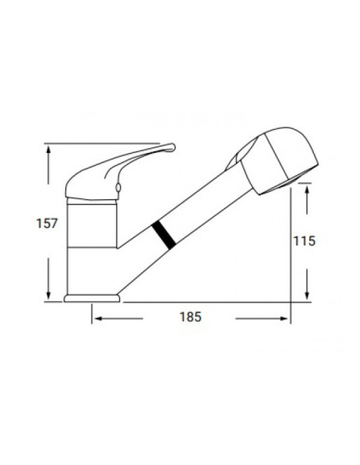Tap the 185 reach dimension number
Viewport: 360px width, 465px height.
coord(189,317)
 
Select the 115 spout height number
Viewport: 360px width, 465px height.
coord(305,240)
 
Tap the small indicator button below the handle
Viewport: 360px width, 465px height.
coord(119,188)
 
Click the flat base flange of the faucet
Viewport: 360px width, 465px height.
coord(92,299)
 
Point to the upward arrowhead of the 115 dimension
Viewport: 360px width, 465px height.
coord(305,190)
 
